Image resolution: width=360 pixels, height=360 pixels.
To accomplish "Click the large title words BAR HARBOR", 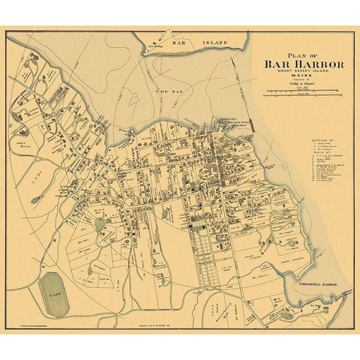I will click(304, 64).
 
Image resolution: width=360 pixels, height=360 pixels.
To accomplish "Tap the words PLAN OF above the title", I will click(303, 53).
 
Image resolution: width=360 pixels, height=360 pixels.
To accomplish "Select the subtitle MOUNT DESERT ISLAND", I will click(304, 73).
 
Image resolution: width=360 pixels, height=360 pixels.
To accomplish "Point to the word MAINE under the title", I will click(304, 78).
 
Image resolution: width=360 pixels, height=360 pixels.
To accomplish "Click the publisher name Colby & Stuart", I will click(304, 85).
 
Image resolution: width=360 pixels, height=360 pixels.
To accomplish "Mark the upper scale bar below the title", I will click(304, 92).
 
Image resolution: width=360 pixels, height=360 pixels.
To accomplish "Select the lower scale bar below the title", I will click(304, 97).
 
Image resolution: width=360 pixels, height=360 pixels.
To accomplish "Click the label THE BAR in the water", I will click(164, 91).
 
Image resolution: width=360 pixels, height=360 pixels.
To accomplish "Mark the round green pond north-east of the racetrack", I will click(101, 224).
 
